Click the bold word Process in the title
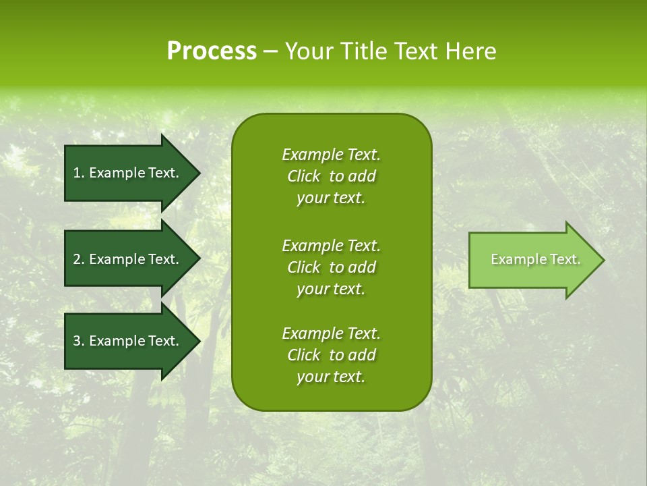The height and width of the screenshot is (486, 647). tap(212, 51)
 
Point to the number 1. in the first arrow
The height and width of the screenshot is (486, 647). tap(79, 173)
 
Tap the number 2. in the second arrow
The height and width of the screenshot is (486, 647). tap(79, 259)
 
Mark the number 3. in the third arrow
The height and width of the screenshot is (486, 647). tap(79, 341)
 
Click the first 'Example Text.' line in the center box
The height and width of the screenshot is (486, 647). tap(331, 155)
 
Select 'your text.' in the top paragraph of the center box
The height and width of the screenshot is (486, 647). tap(331, 198)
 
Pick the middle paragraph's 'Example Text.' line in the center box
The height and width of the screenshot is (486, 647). tap(331, 245)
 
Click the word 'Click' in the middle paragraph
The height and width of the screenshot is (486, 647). tap(303, 267)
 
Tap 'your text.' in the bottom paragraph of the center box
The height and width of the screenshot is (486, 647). tap(331, 377)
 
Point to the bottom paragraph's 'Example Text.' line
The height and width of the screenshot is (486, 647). tap(331, 333)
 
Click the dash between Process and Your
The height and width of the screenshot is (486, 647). tap(271, 52)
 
